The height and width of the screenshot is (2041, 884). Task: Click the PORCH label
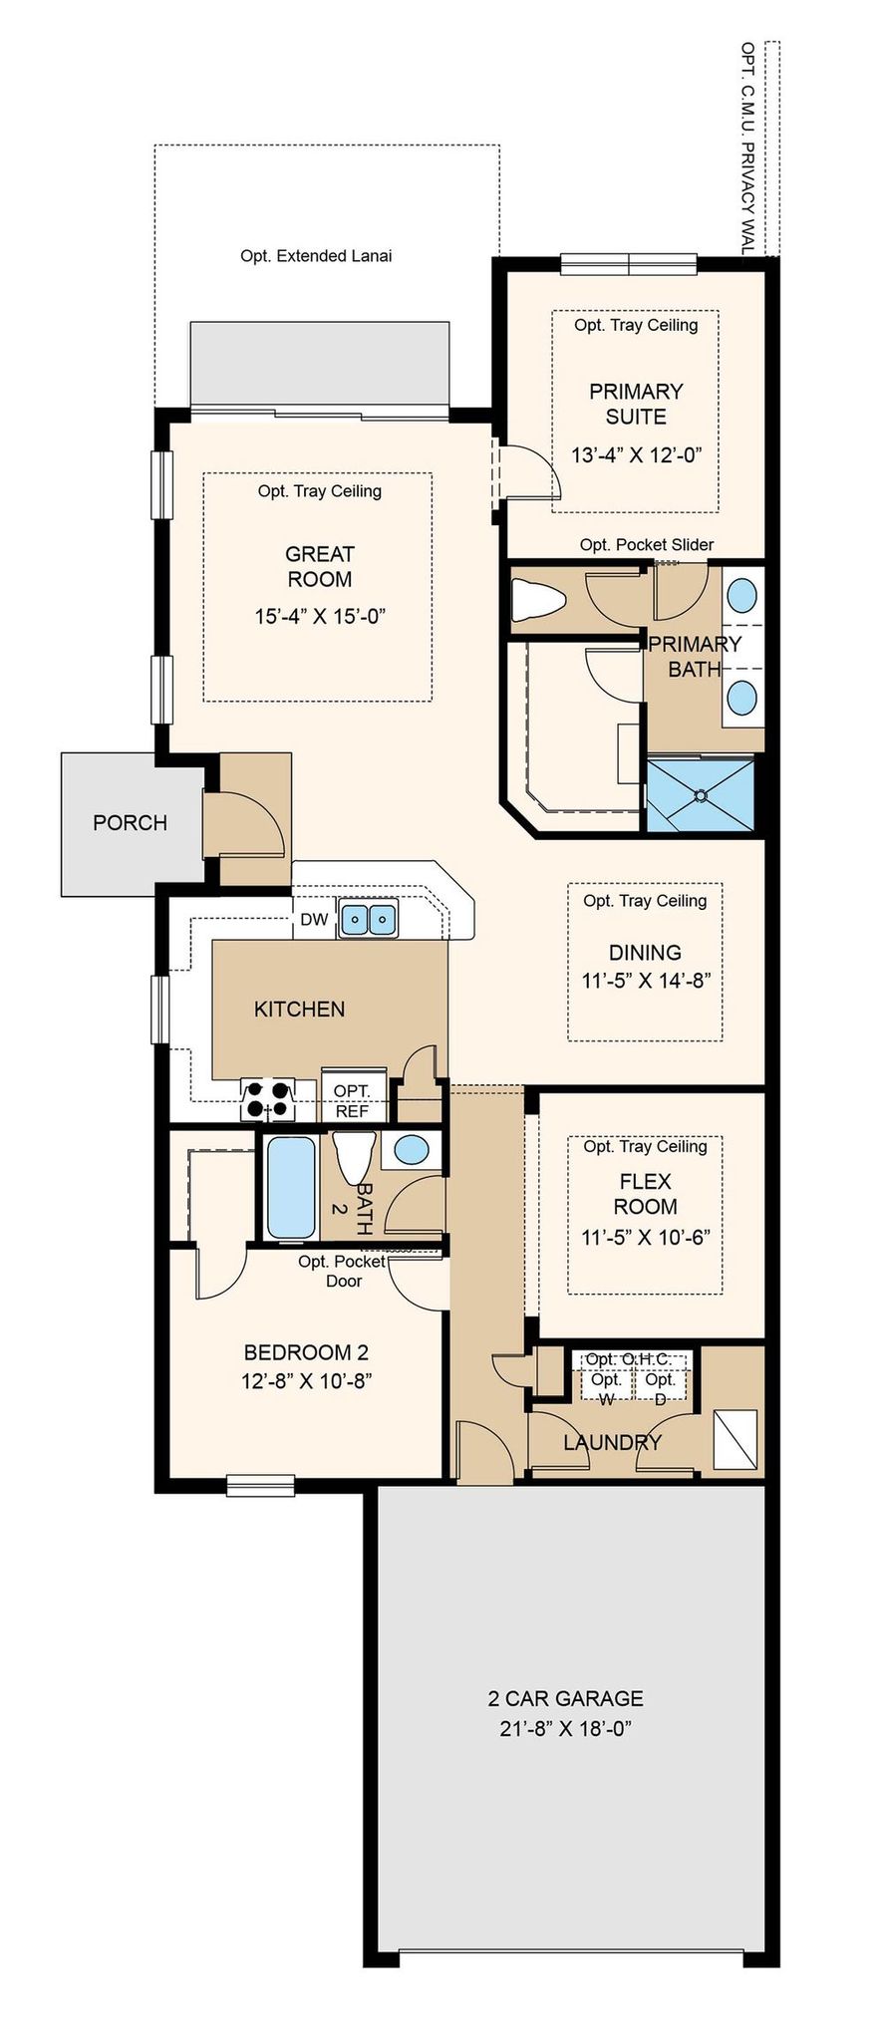pyautogui.click(x=130, y=822)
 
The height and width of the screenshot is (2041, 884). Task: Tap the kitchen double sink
pyautogui.click(x=368, y=918)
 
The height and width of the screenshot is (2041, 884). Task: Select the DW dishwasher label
pyautogui.click(x=314, y=919)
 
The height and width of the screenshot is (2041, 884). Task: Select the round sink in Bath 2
pyautogui.click(x=412, y=1150)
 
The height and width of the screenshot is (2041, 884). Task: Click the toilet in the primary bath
pyautogui.click(x=538, y=602)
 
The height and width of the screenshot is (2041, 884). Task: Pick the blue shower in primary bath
pyautogui.click(x=701, y=795)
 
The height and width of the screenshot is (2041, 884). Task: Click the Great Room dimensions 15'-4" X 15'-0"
pyautogui.click(x=320, y=616)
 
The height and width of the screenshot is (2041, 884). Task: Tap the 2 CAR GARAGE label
pyautogui.click(x=566, y=1698)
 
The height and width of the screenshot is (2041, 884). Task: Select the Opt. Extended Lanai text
pyautogui.click(x=316, y=256)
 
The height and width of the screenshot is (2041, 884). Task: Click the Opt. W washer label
pyautogui.click(x=606, y=1388)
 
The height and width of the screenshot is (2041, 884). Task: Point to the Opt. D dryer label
pyautogui.click(x=660, y=1388)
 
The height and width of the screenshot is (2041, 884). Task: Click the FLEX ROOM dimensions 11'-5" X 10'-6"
pyautogui.click(x=646, y=1238)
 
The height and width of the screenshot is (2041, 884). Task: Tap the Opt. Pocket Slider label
pyautogui.click(x=647, y=544)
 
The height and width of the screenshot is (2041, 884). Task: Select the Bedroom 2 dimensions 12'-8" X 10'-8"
pyautogui.click(x=307, y=1380)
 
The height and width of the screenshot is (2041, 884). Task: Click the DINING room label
pyautogui.click(x=645, y=953)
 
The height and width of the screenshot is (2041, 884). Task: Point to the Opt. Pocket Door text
pyautogui.click(x=342, y=1271)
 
